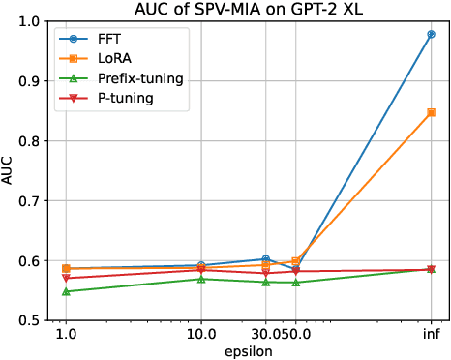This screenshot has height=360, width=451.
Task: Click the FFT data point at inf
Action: click(431, 34)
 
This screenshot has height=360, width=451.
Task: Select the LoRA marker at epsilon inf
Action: click(431, 112)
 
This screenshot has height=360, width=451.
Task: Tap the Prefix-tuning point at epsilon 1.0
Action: click(66, 291)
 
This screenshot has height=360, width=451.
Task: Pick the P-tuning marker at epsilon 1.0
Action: click(66, 278)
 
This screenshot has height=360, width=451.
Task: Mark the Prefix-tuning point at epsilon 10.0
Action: click(200, 279)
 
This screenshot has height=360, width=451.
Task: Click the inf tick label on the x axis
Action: click(431, 335)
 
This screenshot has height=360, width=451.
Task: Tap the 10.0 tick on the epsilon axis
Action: click(200, 335)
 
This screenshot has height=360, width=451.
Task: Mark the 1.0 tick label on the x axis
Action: click(66, 335)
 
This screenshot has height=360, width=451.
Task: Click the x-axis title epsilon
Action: click(248, 350)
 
